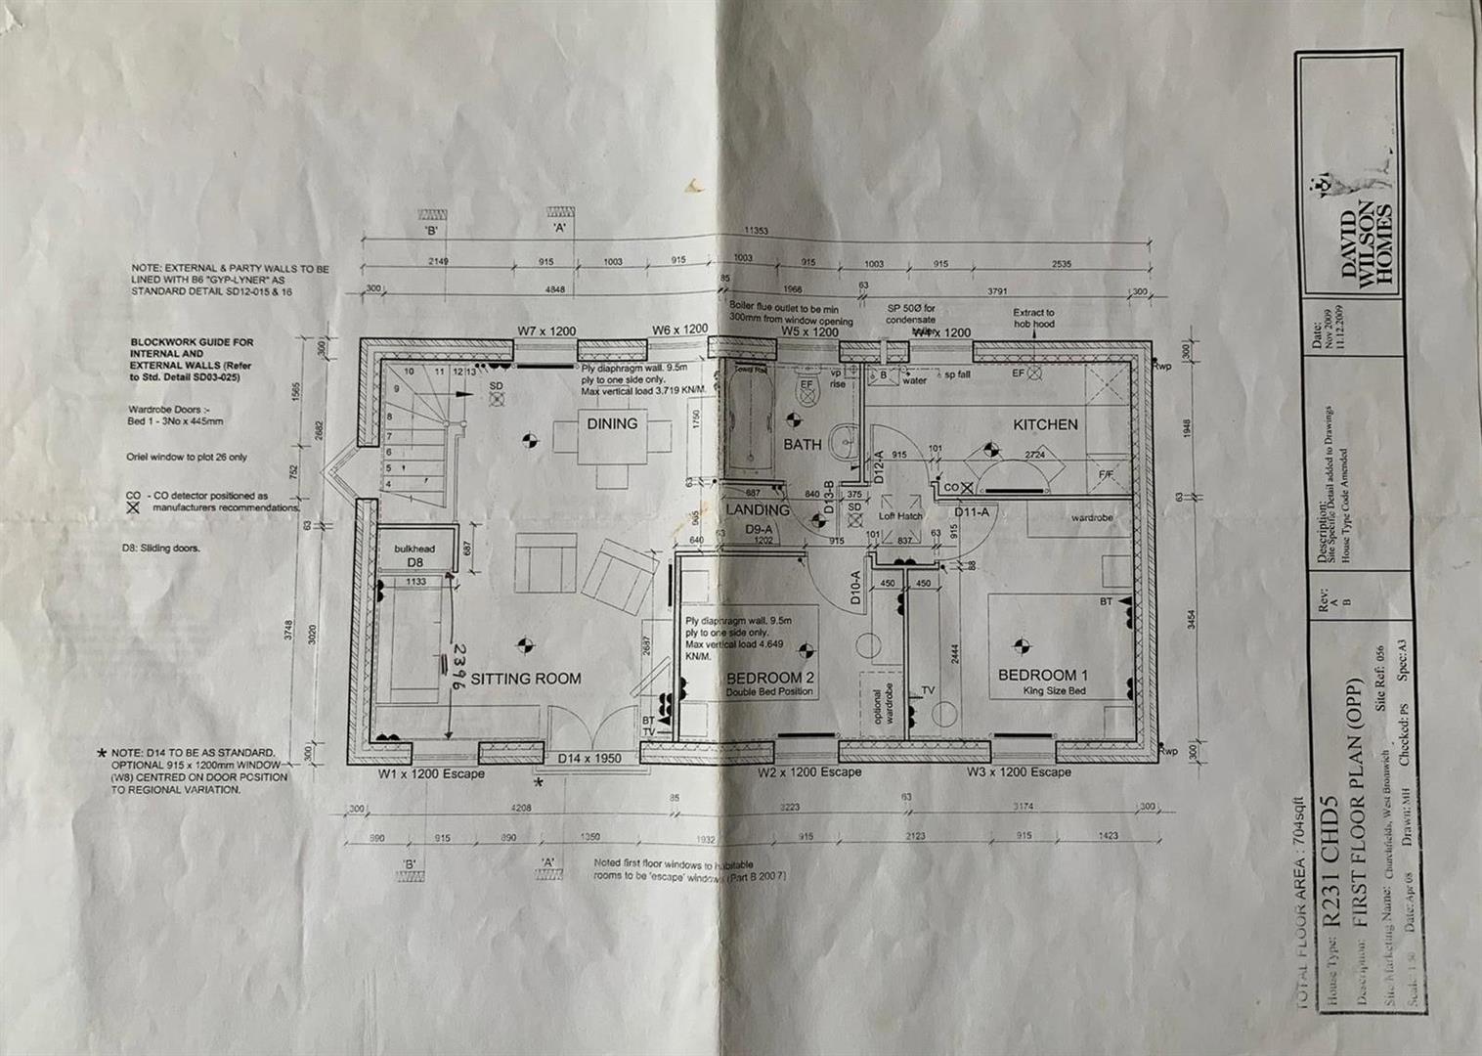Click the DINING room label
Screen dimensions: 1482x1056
point(612,424)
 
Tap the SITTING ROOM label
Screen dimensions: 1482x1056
point(526,679)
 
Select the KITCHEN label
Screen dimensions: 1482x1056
point(1045,425)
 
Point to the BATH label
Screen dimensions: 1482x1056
point(802,445)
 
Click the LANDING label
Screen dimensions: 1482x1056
point(758,510)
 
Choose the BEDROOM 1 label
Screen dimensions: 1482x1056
point(1042,676)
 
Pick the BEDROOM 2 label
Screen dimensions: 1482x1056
point(770,679)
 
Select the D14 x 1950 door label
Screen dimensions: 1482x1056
point(588,759)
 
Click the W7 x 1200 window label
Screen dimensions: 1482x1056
point(547,330)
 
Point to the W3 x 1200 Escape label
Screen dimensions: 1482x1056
point(1018,772)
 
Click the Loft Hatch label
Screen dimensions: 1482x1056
point(900,516)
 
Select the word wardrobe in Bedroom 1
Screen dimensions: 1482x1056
point(1092,517)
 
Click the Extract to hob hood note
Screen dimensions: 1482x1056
point(1033,318)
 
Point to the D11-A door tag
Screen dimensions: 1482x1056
point(972,512)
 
